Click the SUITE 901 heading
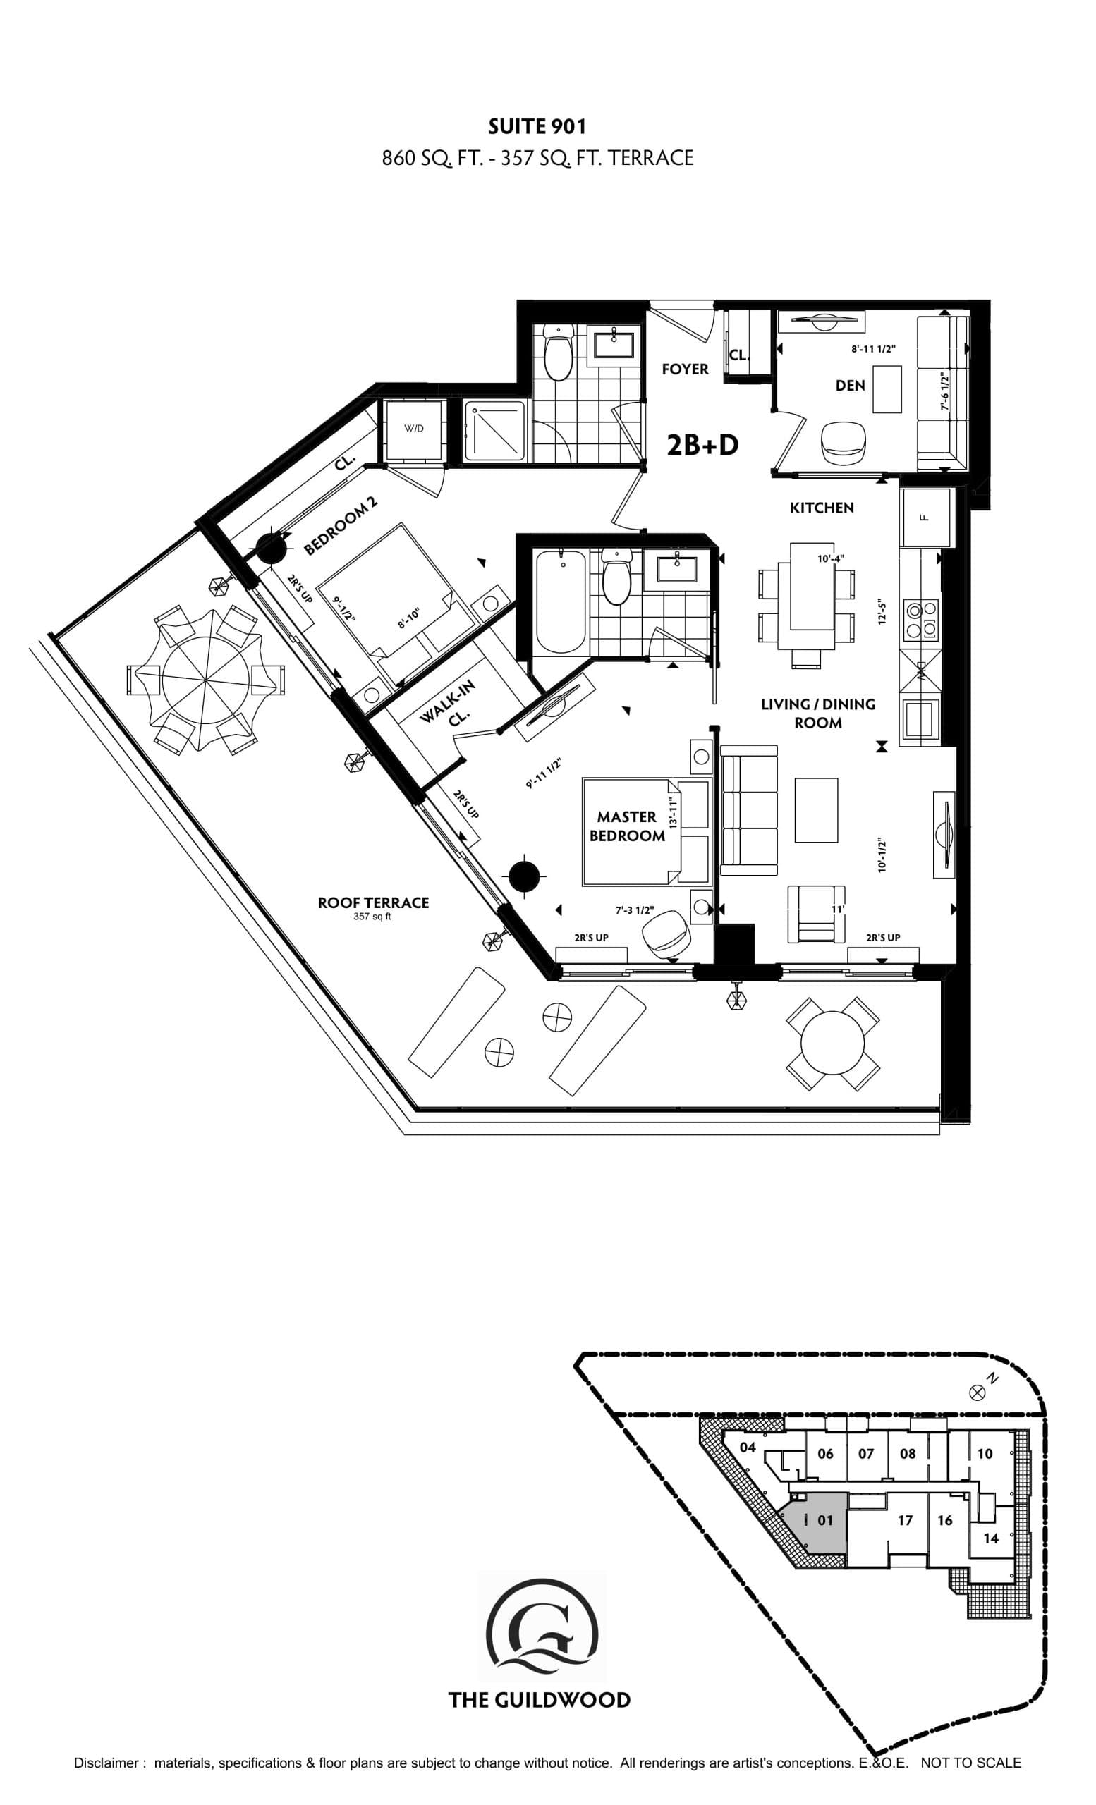(x=537, y=127)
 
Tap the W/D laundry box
(x=414, y=429)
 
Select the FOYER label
(x=685, y=369)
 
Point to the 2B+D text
(x=702, y=445)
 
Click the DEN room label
(x=850, y=385)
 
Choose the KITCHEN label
(x=821, y=508)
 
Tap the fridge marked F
(x=925, y=516)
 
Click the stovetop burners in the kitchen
(x=923, y=618)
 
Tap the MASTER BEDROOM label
(x=626, y=826)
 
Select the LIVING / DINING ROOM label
(x=817, y=713)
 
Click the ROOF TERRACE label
(x=373, y=902)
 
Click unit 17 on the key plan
(x=905, y=1520)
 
